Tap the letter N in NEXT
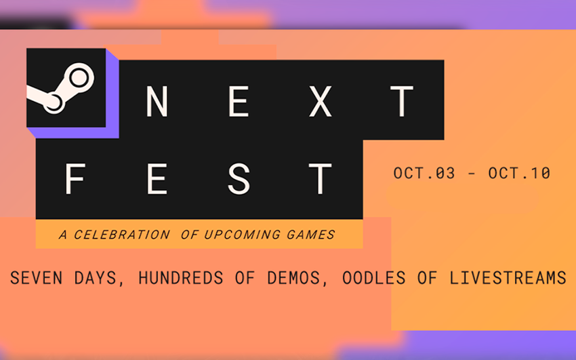157,102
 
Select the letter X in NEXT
323,102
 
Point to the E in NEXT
241,102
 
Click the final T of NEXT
403,102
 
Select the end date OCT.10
519,174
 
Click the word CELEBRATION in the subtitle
122,235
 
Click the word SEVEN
35,278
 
